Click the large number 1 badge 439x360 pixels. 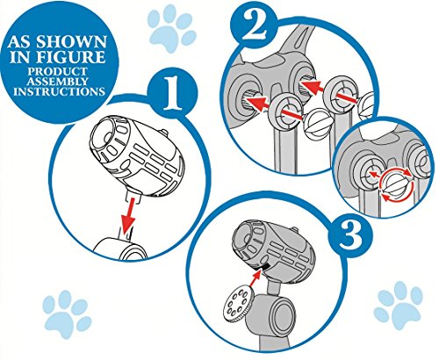[172, 94]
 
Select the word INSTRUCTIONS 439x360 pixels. [59, 91]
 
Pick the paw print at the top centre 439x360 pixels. [171, 29]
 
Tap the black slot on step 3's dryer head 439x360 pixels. [262, 267]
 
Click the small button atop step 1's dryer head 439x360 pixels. [164, 132]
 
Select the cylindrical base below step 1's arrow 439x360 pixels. [121, 248]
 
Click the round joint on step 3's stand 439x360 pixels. [277, 313]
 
